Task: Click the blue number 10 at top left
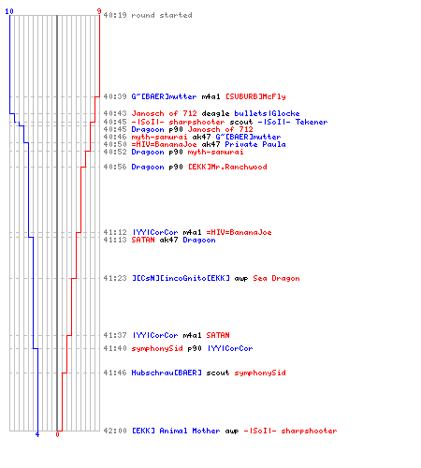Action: (9, 11)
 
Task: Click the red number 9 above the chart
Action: (99, 11)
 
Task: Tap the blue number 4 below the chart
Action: (37, 434)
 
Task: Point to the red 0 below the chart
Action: (57, 434)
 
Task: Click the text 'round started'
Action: (162, 15)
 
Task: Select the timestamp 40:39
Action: (115, 96)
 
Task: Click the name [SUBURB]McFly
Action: (255, 96)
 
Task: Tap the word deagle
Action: (215, 113)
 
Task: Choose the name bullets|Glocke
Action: (267, 113)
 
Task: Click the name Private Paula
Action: (255, 144)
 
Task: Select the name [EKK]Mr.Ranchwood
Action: (227, 167)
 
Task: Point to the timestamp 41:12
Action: (115, 232)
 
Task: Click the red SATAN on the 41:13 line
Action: (143, 240)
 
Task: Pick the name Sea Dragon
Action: (276, 278)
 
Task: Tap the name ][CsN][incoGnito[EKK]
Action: (181, 278)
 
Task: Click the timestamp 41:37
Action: (115, 335)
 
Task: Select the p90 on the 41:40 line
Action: (195, 348)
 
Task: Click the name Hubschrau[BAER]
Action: (167, 373)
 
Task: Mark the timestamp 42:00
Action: (115, 431)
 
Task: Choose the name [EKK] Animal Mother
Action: (176, 431)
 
